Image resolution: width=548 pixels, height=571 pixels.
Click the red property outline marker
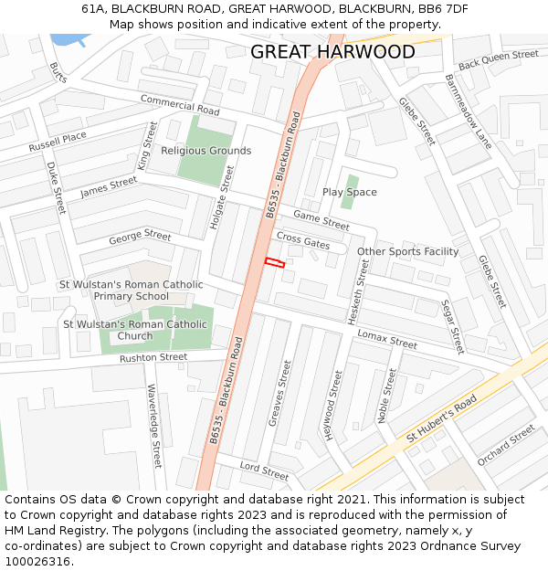[275, 263]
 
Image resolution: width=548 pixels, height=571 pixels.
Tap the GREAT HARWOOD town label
[332, 52]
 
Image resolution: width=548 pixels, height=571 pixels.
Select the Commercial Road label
[180, 105]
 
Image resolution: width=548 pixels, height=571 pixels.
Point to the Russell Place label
[57, 142]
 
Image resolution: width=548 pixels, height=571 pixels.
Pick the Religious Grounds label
[205, 151]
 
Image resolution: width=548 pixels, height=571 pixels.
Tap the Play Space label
[349, 192]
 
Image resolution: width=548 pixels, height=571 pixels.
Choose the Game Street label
[321, 220]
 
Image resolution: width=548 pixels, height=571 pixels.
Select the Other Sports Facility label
[407, 251]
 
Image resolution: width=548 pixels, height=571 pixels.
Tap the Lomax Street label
[386, 339]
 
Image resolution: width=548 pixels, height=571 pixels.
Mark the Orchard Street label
[506, 445]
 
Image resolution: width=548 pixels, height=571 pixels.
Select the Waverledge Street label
[153, 425]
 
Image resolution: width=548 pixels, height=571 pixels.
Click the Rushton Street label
[153, 358]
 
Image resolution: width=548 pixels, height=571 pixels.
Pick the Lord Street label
[264, 471]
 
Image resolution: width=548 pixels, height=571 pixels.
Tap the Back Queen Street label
[498, 60]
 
